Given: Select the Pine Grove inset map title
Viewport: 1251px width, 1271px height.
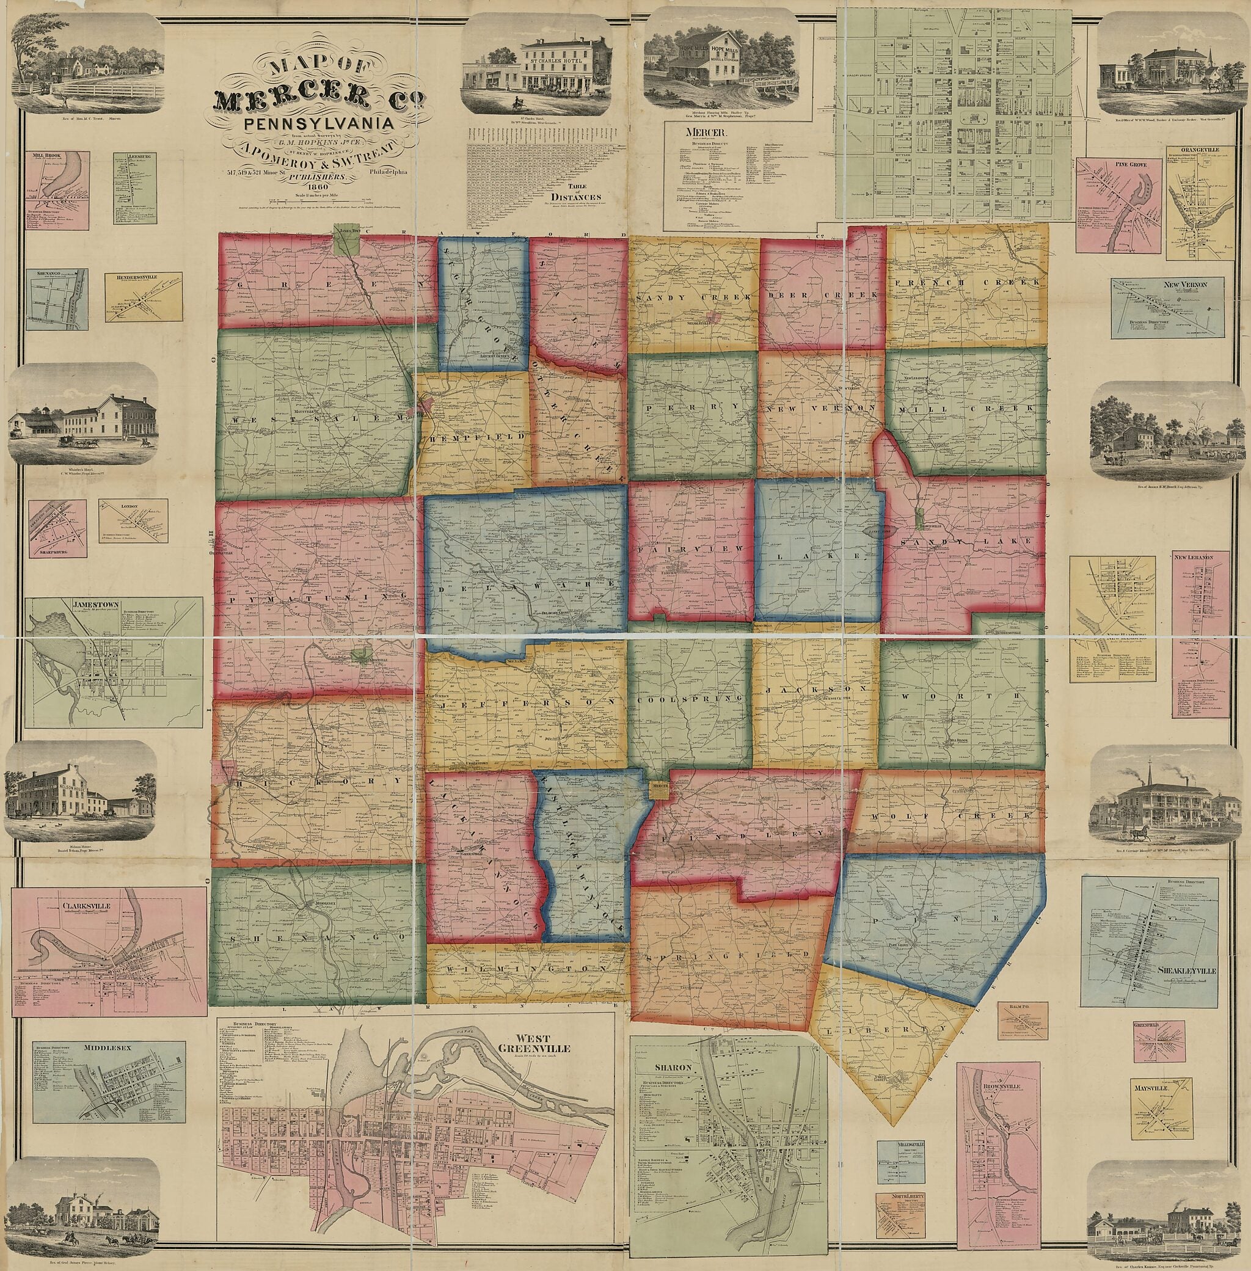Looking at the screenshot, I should click(x=1111, y=164).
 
